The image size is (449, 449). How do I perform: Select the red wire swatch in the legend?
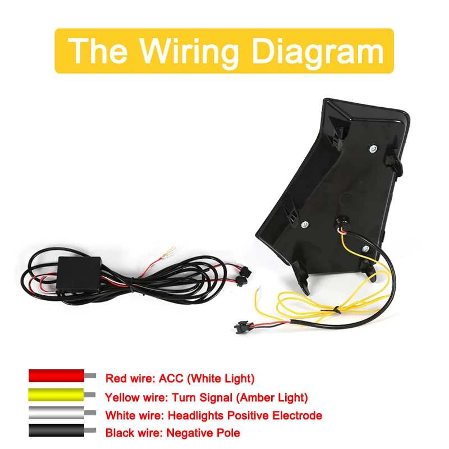click(56, 376)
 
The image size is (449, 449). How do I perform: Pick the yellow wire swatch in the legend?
click(56, 395)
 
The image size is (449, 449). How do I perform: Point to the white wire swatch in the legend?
click(56, 414)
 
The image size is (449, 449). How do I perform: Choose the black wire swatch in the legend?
click(56, 433)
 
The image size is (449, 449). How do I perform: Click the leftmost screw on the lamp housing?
click(304, 224)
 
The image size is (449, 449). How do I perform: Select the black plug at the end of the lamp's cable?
click(243, 326)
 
